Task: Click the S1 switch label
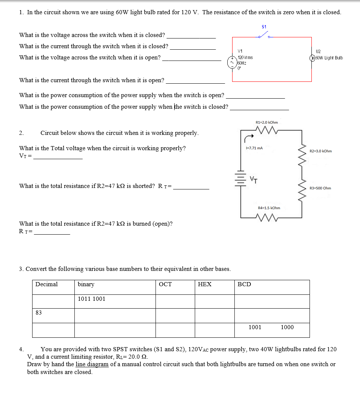[x=264, y=27]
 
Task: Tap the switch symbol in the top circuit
[x=264, y=36]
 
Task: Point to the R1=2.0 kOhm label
[x=267, y=122]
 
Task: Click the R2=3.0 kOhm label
[x=320, y=151]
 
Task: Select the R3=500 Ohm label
[x=320, y=188]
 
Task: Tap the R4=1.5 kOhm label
[x=269, y=208]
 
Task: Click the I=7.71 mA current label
[x=254, y=148]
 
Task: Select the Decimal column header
[x=46, y=284]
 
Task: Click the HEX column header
[x=204, y=284]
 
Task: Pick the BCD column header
[x=244, y=284]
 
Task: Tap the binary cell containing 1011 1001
[x=92, y=299]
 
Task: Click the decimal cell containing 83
[x=39, y=313]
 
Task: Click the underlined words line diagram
[x=92, y=364]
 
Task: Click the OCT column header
[x=165, y=284]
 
